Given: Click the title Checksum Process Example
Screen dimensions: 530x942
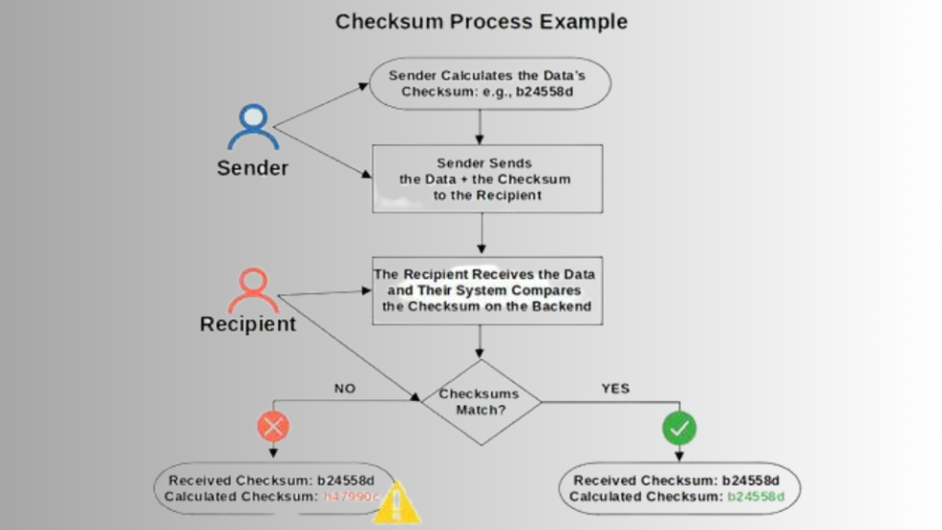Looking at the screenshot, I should pos(481,21).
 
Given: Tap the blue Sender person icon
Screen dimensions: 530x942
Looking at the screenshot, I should pos(253,126).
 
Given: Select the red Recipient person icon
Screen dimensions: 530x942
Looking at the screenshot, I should pos(253,290).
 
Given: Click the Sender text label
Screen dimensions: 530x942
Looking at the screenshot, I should pos(252,168).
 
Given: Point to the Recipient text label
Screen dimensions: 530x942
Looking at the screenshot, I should pos(248,324).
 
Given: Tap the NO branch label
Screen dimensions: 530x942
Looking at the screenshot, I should pos(344,389).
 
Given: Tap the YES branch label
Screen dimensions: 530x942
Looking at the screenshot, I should pos(615,389).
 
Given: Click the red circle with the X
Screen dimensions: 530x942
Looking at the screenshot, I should pos(274,426).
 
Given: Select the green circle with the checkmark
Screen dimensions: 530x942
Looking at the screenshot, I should pos(680,427).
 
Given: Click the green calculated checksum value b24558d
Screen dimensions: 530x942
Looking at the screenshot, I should pos(756,496).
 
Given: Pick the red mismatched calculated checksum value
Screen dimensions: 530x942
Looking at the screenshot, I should pos(351,496).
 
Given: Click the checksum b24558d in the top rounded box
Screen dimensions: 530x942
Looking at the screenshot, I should pos(556,92).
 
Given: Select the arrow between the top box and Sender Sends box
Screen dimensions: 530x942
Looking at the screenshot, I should pos(480,126).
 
